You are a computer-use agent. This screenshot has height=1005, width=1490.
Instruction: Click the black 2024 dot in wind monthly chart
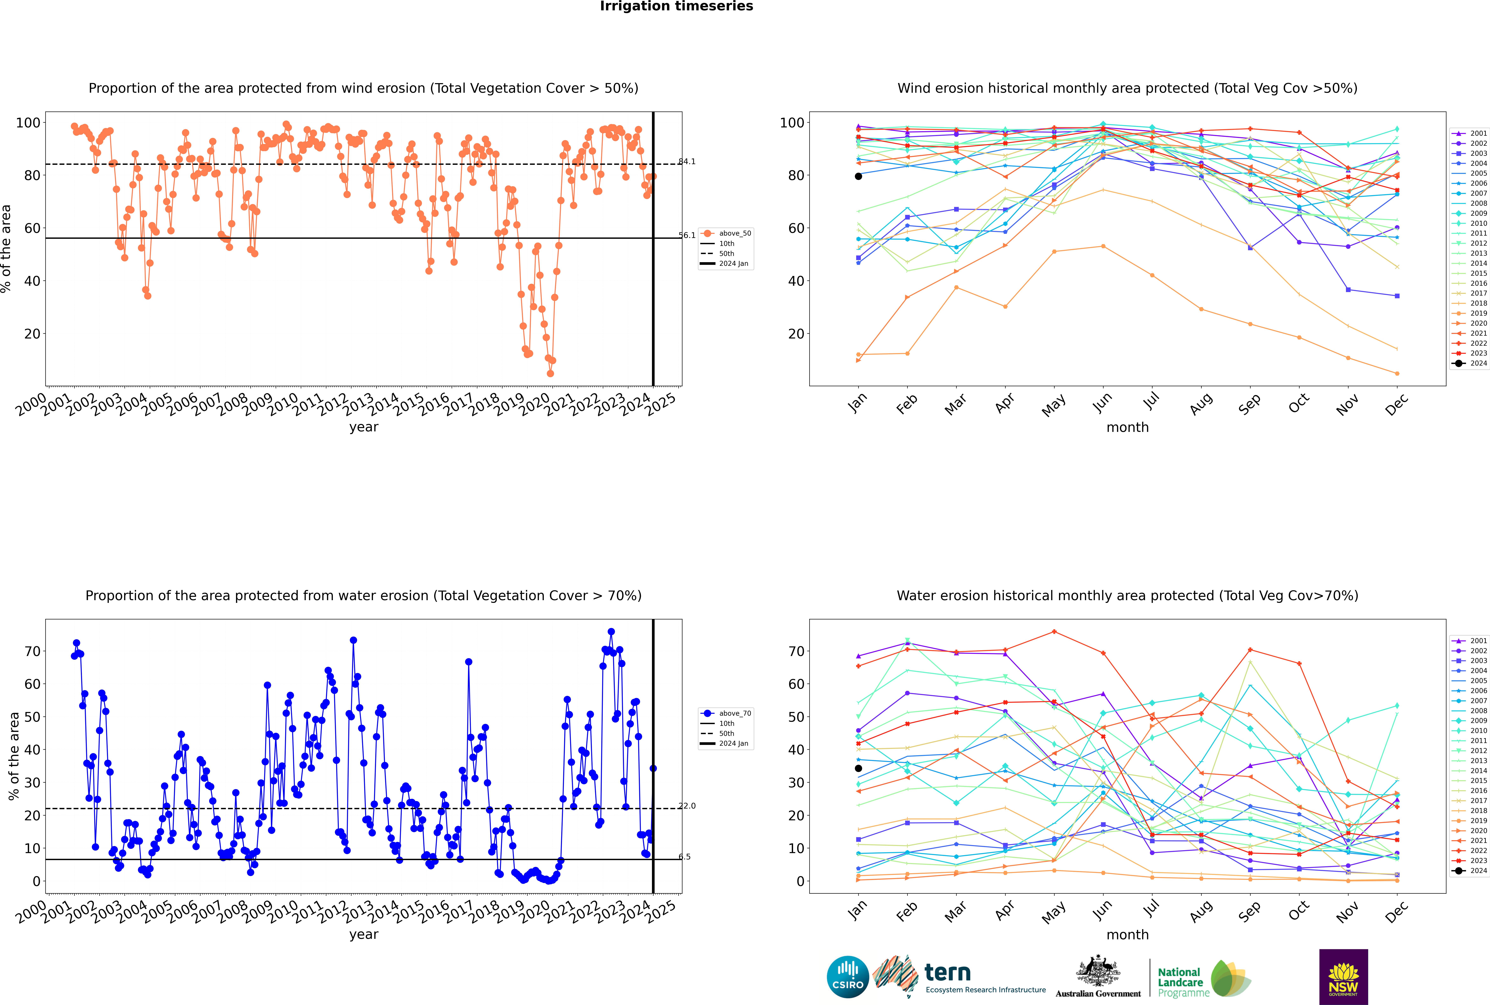(x=858, y=176)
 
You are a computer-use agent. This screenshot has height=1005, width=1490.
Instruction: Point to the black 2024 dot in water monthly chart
(x=858, y=768)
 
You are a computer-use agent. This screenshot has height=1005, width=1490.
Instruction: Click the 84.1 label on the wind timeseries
(x=687, y=161)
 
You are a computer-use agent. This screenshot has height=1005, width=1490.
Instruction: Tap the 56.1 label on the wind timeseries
(x=687, y=235)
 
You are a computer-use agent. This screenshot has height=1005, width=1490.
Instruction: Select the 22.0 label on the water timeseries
(x=687, y=806)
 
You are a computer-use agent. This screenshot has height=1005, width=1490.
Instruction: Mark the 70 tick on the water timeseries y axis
(x=32, y=651)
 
